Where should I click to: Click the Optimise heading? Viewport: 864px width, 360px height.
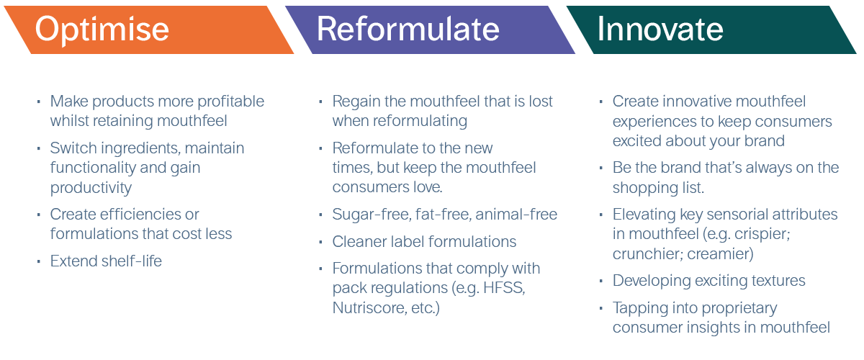pyautogui.click(x=102, y=30)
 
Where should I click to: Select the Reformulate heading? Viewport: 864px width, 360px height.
pyautogui.click(x=408, y=30)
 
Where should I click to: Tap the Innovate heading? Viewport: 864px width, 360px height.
pyautogui.click(x=660, y=30)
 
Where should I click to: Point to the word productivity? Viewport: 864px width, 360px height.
pyautogui.click(x=91, y=188)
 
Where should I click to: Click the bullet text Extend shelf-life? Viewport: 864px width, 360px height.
pyautogui.click(x=106, y=261)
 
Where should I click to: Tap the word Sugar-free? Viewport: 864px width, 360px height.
pyautogui.click(x=370, y=215)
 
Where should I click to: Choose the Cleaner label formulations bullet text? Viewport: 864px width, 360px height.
pyautogui.click(x=424, y=241)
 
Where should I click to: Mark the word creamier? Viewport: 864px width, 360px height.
pyautogui.click(x=726, y=254)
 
